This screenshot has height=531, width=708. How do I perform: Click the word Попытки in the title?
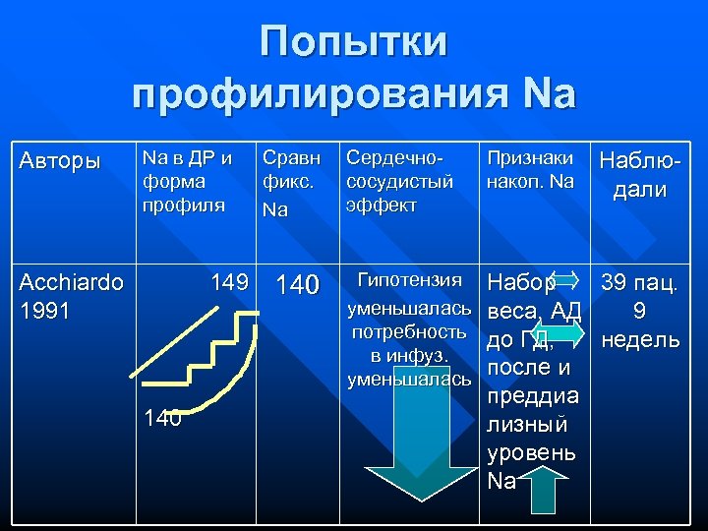click(x=354, y=43)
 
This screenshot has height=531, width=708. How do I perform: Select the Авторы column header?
click(x=60, y=159)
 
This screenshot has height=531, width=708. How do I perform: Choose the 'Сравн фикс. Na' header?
click(x=286, y=182)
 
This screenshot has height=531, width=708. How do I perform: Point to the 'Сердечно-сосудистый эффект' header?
click(x=399, y=181)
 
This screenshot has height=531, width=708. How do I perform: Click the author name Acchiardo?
click(x=72, y=283)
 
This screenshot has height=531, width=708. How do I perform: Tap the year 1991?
click(x=45, y=312)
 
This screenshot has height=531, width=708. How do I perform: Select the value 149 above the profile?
click(x=229, y=283)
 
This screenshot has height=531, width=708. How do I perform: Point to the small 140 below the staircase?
click(x=162, y=419)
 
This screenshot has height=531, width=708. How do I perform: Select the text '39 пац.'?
click(x=639, y=284)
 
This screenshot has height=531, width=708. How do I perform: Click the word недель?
click(x=639, y=340)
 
